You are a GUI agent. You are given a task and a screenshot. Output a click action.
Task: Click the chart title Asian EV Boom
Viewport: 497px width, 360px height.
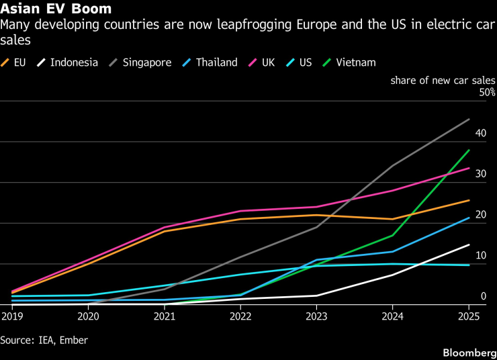click(56, 9)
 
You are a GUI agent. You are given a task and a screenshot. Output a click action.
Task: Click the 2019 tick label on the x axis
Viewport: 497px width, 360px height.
click(11, 316)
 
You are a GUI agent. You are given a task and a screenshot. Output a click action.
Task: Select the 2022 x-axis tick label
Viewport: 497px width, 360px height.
click(240, 316)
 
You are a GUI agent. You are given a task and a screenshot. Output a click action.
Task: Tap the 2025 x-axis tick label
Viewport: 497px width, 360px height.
click(469, 316)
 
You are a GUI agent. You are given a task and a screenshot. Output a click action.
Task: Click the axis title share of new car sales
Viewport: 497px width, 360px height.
click(443, 80)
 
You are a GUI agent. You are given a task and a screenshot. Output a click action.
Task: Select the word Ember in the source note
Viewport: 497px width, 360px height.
click(73, 341)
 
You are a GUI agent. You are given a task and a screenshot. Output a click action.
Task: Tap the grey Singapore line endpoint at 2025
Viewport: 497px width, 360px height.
click(469, 119)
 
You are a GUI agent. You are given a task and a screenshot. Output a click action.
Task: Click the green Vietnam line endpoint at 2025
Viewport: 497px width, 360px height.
click(469, 150)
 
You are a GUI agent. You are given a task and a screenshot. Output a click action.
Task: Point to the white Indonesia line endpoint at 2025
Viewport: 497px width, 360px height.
click(469, 244)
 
